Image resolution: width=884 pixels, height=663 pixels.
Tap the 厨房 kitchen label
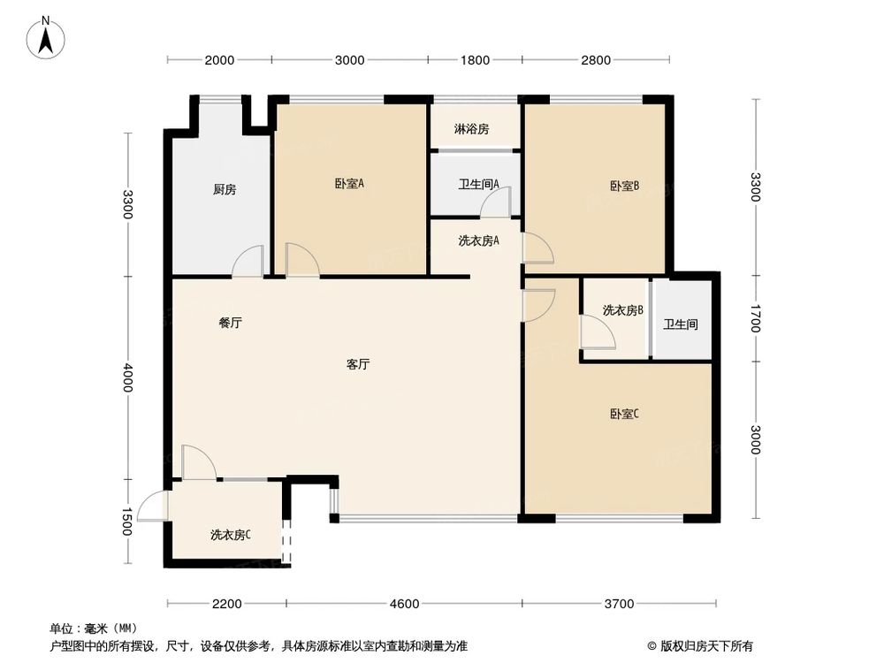[x=225, y=189]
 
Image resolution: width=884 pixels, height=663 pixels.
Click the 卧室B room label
[x=624, y=186]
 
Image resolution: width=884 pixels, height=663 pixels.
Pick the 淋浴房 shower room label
[x=471, y=129]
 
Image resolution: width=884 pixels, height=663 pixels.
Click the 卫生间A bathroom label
[x=478, y=185]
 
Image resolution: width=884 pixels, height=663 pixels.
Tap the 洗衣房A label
[x=479, y=240]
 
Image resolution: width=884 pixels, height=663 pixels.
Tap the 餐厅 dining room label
[x=231, y=324]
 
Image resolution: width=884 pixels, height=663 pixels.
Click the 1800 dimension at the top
[x=475, y=60]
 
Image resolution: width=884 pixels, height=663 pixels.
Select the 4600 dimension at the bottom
[x=404, y=604]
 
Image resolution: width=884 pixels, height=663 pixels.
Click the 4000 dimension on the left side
[x=129, y=377]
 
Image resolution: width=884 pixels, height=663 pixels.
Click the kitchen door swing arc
[x=248, y=261]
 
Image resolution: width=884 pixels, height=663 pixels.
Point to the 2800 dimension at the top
[x=596, y=60]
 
